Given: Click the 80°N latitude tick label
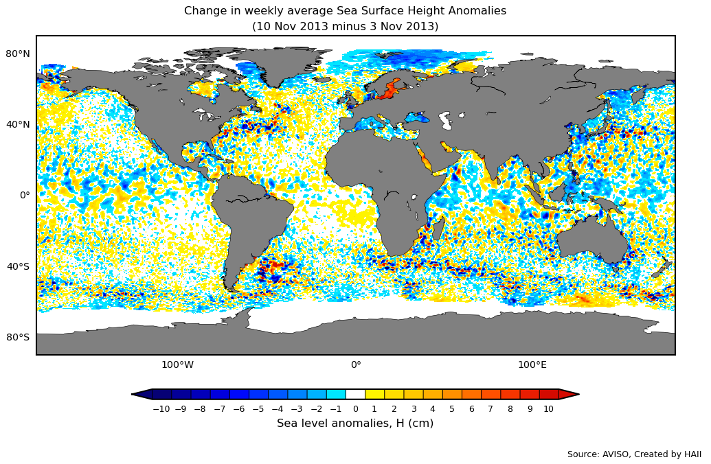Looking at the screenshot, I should [19, 54].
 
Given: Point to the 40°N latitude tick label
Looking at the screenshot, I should [19, 124].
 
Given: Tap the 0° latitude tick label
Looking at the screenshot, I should [25, 195].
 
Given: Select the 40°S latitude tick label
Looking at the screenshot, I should [19, 266].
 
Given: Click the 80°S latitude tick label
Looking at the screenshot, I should [19, 337].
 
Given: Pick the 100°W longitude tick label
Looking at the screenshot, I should [177, 364].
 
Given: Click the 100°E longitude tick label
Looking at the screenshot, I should [532, 364].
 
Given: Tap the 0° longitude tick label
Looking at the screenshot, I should [356, 364].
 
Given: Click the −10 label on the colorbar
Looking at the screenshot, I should [161, 409].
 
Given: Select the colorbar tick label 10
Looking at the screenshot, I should [548, 409].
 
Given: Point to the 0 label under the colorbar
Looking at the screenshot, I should [355, 409].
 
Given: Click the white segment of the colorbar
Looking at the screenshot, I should [355, 394].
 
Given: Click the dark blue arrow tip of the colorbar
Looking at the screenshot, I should [142, 394].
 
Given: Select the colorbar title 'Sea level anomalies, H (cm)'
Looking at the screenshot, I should [355, 424].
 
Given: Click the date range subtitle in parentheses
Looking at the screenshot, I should [345, 27].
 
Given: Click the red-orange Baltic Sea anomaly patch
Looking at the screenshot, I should [391, 89].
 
